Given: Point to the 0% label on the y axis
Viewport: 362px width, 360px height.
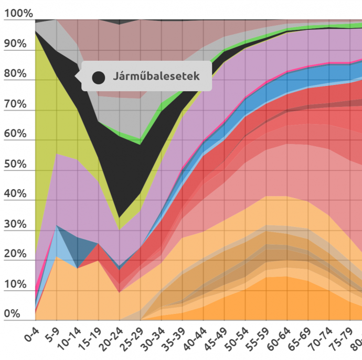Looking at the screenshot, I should [12, 314].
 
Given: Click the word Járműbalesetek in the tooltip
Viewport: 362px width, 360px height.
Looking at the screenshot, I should [156, 77].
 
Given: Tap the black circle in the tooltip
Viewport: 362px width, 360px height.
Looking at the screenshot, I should [98, 78].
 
